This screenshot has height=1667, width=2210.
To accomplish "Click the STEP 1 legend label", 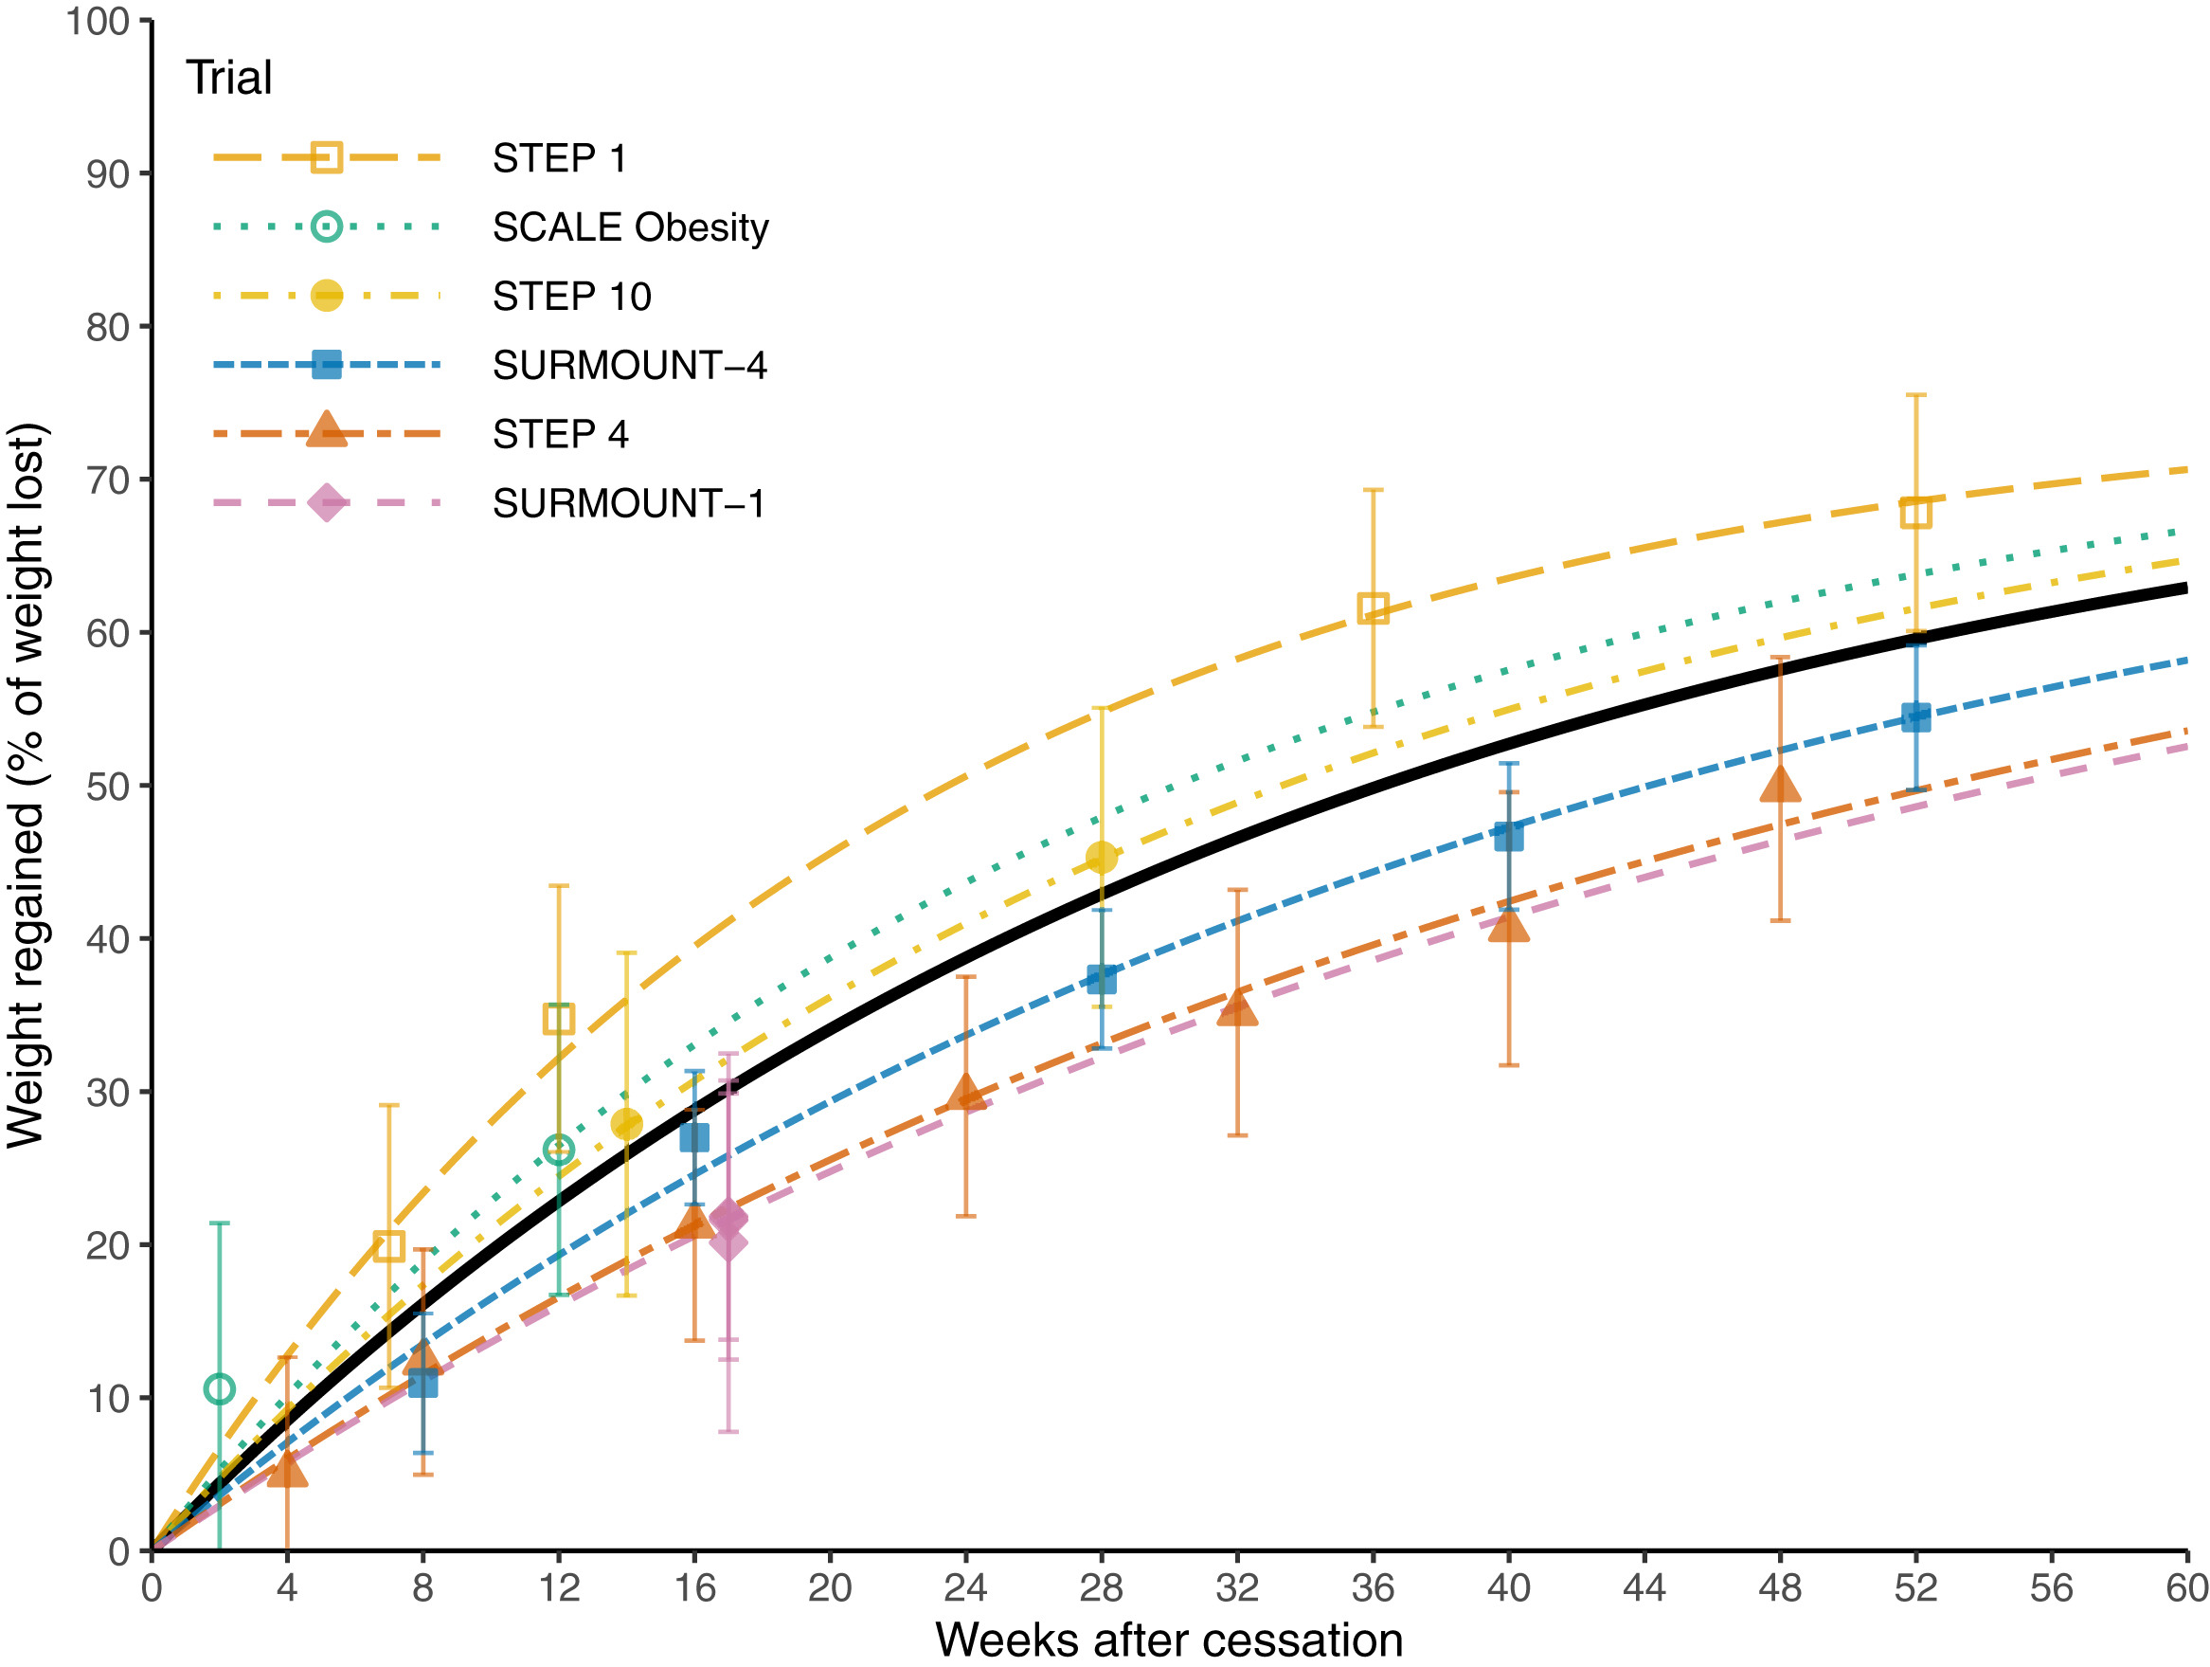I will click(x=559, y=159).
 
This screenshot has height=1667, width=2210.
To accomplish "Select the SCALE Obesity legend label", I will click(x=631, y=227).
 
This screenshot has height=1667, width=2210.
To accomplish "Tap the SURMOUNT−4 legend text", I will click(x=629, y=366).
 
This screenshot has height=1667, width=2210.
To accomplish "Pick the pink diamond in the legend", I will click(x=327, y=502).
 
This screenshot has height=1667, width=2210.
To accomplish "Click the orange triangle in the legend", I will click(x=327, y=431).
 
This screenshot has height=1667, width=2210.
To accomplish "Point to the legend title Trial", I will click(x=229, y=78).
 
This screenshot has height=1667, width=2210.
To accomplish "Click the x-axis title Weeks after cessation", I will click(x=1169, y=1640).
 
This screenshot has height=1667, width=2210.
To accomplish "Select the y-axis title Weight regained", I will click(x=27, y=786).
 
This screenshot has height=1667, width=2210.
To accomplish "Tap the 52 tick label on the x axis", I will click(x=1915, y=1588).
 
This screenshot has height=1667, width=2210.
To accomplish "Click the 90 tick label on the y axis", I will click(x=108, y=175).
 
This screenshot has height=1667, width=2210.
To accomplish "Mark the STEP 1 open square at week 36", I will click(x=1373, y=607).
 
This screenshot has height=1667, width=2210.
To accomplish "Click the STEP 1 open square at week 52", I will click(x=1915, y=513).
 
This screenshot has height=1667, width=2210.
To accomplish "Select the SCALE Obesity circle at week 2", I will click(x=219, y=1389).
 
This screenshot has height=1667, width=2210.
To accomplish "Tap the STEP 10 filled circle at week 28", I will click(x=1101, y=858).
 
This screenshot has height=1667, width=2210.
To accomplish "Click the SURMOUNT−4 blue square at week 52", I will click(x=1915, y=716).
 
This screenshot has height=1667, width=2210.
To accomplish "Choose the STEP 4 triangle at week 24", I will click(x=965, y=1094).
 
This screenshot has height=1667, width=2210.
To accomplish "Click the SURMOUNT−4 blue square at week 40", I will click(x=1509, y=836).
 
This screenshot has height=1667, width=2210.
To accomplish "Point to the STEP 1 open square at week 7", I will click(x=388, y=1246).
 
